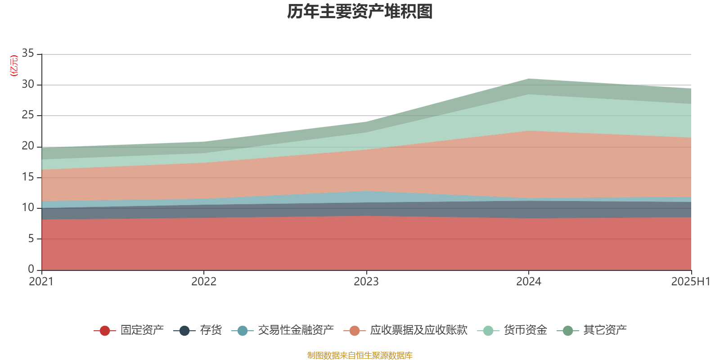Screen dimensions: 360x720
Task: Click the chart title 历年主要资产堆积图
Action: (x=360, y=12)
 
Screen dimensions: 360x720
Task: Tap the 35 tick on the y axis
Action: (x=28, y=54)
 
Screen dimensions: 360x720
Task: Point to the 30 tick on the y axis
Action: (x=28, y=84)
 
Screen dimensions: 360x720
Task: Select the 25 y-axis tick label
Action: (x=28, y=115)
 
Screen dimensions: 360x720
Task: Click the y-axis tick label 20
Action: (x=28, y=146)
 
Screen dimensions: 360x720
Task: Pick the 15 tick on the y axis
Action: (x=28, y=177)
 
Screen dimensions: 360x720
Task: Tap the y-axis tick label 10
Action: (x=28, y=207)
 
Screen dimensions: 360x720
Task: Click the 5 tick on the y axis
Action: (x=31, y=238)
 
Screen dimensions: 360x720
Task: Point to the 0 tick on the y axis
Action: (x=31, y=269)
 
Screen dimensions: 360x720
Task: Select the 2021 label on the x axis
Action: (x=41, y=282)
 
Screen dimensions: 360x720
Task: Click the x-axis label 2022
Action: (x=204, y=282)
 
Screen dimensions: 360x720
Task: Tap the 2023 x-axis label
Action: (x=366, y=282)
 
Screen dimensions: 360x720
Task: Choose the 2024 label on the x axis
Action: (x=529, y=282)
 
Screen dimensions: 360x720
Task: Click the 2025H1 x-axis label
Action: (x=690, y=282)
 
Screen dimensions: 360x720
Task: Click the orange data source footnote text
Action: (x=360, y=355)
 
